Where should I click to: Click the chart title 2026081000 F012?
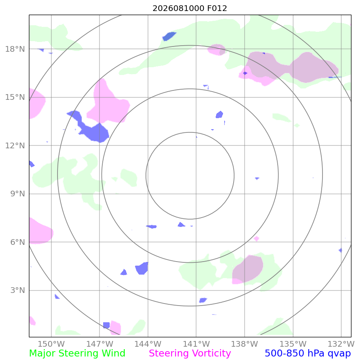[x=190, y=8]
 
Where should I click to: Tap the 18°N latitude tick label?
[x=15, y=49]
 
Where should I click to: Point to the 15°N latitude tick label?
[x=15, y=97]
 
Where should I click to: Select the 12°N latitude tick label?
[x=15, y=145]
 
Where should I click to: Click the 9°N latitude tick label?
[x=18, y=194]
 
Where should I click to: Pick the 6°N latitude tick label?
[x=18, y=242]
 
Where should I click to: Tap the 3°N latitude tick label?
[x=18, y=290]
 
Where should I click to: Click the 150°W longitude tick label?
[x=51, y=344]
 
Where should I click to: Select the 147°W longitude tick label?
[x=99, y=344]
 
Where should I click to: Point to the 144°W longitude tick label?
[x=148, y=344]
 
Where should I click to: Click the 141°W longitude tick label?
[x=196, y=344]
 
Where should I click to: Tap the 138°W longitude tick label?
[x=245, y=344]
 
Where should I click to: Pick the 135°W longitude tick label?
[x=293, y=344]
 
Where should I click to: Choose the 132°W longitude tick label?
[x=341, y=344]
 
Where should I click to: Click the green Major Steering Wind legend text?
[x=77, y=354]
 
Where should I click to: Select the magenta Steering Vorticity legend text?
[x=190, y=354]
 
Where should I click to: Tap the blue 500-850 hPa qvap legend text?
[x=308, y=354]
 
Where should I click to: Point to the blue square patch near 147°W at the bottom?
[x=106, y=325]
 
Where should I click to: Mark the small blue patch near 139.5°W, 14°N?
[x=219, y=114]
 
